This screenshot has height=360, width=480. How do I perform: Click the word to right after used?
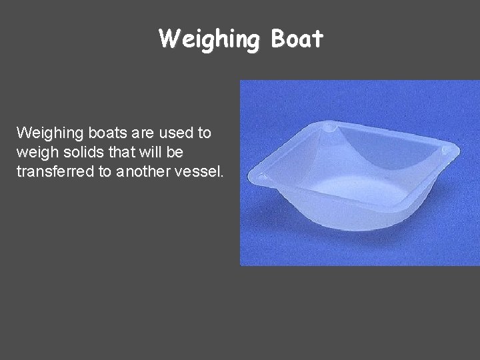203,133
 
